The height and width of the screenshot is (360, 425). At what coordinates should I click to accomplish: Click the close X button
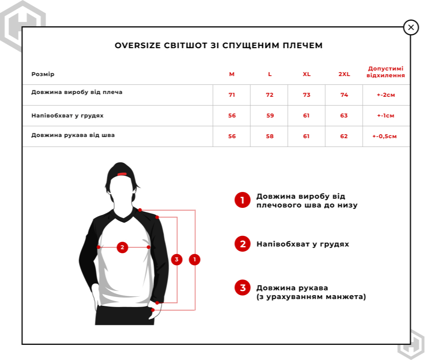pos(411,27)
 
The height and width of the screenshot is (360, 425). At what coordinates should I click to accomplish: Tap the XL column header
pos(307,74)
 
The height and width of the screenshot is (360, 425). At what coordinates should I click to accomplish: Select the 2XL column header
pos(344,74)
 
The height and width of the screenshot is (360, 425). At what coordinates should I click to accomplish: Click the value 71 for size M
pos(232,95)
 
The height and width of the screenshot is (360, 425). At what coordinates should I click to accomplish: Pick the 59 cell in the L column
pos(270,116)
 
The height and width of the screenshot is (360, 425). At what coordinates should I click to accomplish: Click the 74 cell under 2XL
pos(344,95)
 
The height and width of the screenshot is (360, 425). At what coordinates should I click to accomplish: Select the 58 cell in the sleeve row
pos(270,137)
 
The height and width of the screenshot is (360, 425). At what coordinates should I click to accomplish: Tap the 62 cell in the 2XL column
pos(344,137)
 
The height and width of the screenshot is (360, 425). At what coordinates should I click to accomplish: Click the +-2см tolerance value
pos(386,95)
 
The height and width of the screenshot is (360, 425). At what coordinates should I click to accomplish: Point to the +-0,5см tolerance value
pos(385,137)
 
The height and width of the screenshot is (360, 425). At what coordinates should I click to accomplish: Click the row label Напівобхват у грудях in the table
pos(67,116)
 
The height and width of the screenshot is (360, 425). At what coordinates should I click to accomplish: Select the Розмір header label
pos(43,74)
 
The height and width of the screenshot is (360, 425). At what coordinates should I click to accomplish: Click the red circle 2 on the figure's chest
pos(122,247)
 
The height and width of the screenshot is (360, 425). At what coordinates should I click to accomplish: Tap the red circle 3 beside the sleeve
pos(177,260)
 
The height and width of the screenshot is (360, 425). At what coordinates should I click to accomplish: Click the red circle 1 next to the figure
pos(195,260)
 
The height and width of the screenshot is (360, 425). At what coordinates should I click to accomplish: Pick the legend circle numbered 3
pos(243,288)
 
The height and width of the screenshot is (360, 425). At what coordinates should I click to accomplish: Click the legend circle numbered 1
pos(243,200)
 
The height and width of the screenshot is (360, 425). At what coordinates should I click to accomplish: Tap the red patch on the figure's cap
pos(122,174)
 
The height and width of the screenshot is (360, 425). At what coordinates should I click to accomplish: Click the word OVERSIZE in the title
pos(137,46)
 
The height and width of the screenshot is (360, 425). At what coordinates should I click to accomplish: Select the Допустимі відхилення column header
pos(386,72)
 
